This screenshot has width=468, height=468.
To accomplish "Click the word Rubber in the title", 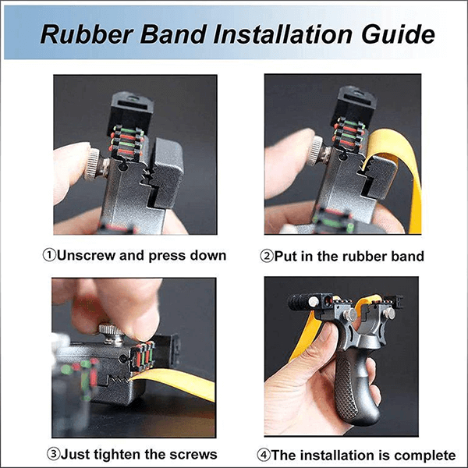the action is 87,34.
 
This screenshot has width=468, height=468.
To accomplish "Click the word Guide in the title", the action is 398,34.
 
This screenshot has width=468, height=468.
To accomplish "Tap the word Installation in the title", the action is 282,34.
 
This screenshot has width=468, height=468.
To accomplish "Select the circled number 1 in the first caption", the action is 49,256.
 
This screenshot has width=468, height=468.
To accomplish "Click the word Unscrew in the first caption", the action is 86,256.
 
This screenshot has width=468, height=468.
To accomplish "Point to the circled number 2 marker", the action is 267,256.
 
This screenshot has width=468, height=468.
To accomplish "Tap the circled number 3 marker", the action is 54,454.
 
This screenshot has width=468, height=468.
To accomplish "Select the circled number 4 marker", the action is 264,456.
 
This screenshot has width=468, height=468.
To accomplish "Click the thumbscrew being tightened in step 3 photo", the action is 112,334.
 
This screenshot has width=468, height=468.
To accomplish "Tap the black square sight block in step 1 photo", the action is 131,111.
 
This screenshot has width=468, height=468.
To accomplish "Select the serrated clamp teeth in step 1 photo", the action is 148,177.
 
